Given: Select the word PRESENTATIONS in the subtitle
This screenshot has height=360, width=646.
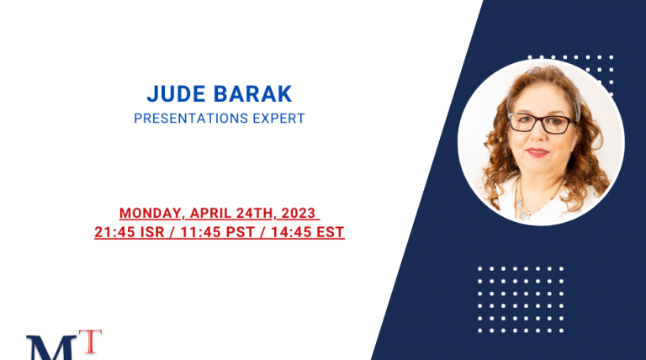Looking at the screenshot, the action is pyautogui.click(x=191, y=119).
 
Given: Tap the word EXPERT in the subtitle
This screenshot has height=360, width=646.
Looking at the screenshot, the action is pyautogui.click(x=278, y=119).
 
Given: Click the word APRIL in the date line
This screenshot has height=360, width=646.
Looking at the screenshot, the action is pyautogui.click(x=210, y=214).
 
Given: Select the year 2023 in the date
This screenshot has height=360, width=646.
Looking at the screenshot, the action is pyautogui.click(x=299, y=214).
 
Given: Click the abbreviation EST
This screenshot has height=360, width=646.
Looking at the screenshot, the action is pyautogui.click(x=331, y=232).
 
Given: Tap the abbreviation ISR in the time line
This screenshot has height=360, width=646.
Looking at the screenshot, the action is pyautogui.click(x=152, y=232).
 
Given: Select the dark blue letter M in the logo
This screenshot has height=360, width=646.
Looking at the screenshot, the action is pyautogui.click(x=51, y=348).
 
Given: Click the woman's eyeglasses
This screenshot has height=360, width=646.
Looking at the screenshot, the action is pyautogui.click(x=541, y=123).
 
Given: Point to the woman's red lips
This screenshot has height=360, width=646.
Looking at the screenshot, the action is pyautogui.click(x=537, y=152).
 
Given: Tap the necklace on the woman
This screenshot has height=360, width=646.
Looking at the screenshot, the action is pyautogui.click(x=532, y=202).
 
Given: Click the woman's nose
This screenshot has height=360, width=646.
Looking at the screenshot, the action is pyautogui.click(x=537, y=137).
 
